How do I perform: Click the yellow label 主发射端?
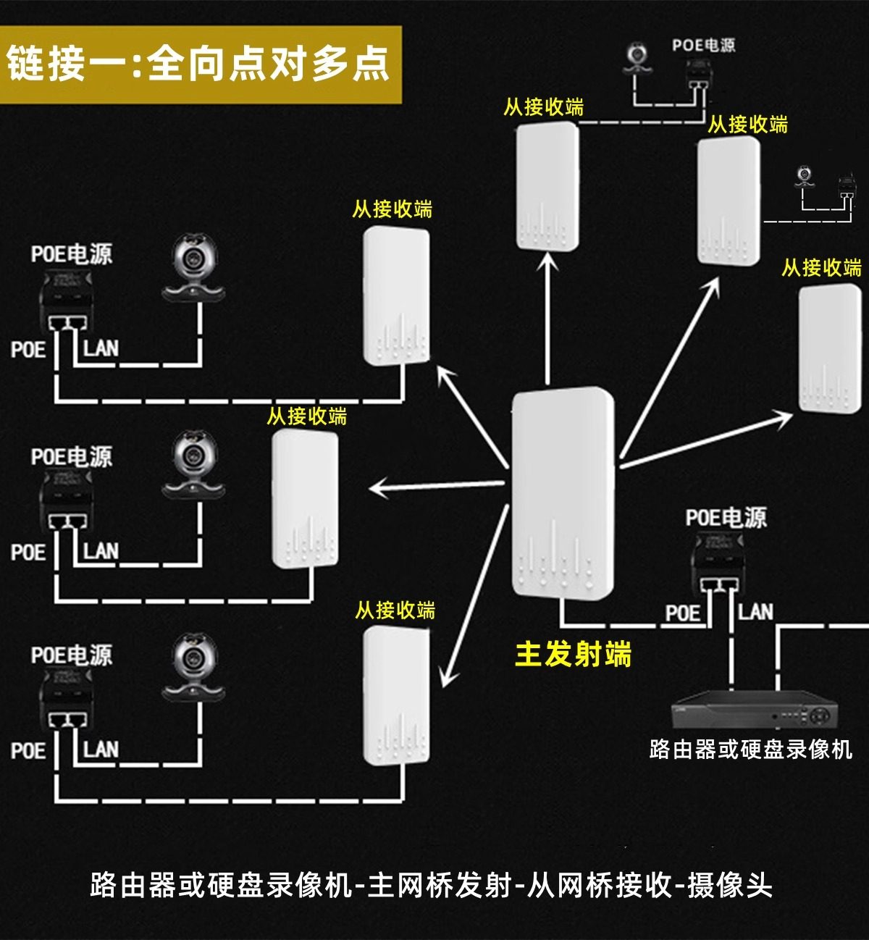pos(573,654)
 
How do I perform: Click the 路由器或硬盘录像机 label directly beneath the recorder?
pos(750,749)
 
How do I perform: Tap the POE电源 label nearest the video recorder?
pos(726,518)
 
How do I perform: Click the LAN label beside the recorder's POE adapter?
pos(755,613)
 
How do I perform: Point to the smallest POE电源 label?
pos(703,46)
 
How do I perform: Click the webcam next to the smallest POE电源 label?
pos(637,58)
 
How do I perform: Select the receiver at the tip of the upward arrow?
pos(547,187)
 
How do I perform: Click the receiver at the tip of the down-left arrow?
pos(396,696)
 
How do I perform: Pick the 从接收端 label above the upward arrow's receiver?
pos(543,107)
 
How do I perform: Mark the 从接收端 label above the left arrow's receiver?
pos(307,416)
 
